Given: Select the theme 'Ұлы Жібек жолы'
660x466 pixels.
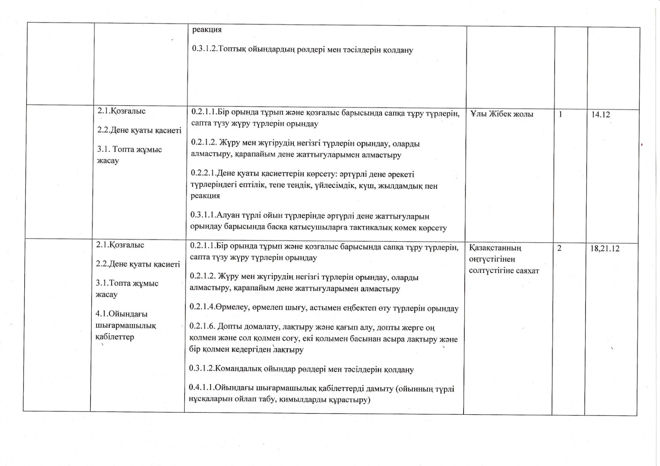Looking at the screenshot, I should [x=502, y=114].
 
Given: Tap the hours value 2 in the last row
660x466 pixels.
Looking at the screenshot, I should [x=559, y=248].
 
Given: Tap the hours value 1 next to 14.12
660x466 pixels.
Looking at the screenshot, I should [x=560, y=114].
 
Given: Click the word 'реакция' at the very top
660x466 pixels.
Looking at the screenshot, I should [x=207, y=30].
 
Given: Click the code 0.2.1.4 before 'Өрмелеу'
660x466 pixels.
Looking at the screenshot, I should [x=202, y=308].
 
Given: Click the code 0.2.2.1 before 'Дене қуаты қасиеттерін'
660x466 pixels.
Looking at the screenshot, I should [x=203, y=174].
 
